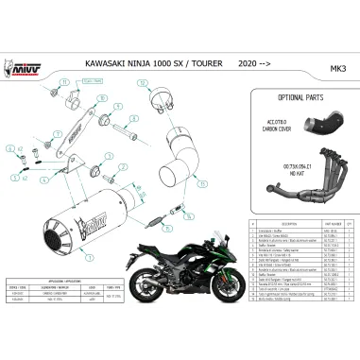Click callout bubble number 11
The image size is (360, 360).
[64, 82]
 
